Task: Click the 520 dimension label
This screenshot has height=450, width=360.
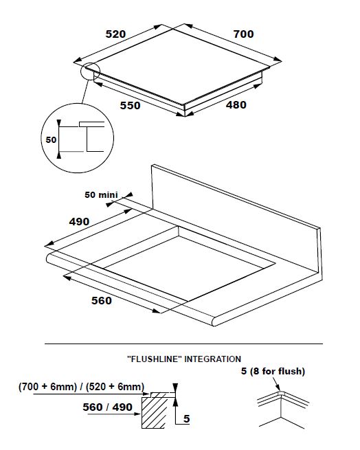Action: (x=115, y=34)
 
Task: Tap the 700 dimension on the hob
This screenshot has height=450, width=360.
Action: (x=243, y=34)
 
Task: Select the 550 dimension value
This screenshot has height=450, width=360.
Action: (x=130, y=106)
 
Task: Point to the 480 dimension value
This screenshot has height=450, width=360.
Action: (x=236, y=105)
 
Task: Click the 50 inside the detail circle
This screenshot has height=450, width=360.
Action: (x=51, y=139)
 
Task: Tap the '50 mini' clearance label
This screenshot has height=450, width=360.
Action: (x=101, y=195)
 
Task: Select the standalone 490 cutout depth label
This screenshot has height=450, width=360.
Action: (x=79, y=221)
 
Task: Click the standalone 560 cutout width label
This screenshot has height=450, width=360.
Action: (x=102, y=300)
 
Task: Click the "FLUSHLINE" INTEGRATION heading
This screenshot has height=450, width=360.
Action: (x=184, y=359)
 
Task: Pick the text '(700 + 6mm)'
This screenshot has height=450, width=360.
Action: (x=47, y=387)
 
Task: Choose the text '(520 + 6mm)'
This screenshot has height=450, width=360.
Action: (x=115, y=387)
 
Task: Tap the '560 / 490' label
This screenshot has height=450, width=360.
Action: (x=107, y=407)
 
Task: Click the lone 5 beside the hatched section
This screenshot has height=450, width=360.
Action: (x=187, y=418)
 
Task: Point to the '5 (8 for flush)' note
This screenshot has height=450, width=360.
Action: (x=273, y=371)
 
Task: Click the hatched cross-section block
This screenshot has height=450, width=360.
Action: (x=155, y=412)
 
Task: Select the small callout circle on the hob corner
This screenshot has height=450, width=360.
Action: (x=91, y=71)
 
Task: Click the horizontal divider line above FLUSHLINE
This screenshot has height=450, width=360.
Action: (x=183, y=344)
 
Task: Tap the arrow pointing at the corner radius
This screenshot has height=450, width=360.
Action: (x=276, y=384)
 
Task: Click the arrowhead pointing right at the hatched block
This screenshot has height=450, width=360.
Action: (x=137, y=414)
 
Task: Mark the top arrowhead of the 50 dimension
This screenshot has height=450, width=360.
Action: (x=59, y=123)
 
